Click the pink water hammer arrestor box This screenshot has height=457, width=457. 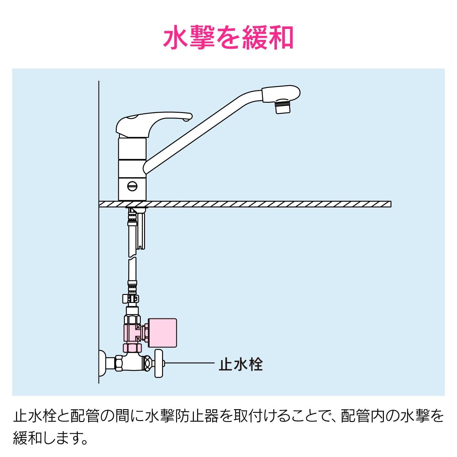pyautogui.click(x=162, y=333)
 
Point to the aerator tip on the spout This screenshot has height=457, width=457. pyautogui.click(x=283, y=108)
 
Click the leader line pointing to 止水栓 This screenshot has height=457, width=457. pyautogui.click(x=189, y=363)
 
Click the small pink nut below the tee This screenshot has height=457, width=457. pyautogui.click(x=132, y=348)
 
